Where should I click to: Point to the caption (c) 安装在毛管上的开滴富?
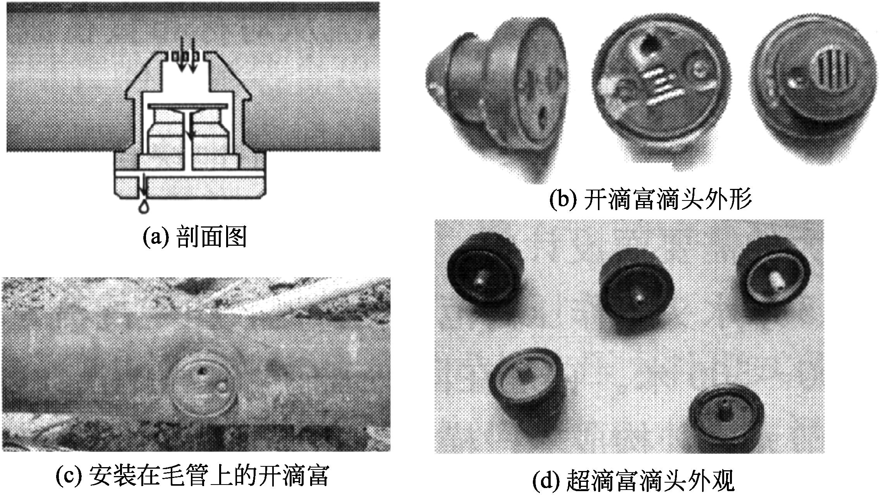point(192,475)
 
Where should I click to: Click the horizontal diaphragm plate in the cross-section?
point(187,106)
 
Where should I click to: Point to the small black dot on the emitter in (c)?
point(201,372)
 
